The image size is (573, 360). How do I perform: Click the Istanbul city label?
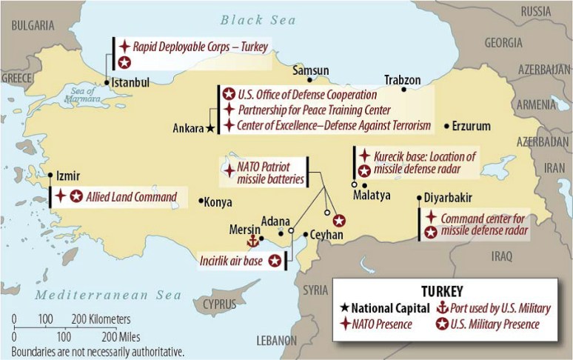132,82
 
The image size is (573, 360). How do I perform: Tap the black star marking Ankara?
211,128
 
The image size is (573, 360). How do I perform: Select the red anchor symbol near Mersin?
252,241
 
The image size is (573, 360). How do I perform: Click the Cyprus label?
219,304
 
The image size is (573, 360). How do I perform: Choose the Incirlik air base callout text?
232,261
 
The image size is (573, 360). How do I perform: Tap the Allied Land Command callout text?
131,197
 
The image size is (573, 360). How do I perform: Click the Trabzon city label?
402,79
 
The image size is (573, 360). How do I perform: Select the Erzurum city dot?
446,126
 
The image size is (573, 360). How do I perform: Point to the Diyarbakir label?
449,198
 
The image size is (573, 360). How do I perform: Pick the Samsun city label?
310,70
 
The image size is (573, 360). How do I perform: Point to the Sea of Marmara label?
79,95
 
